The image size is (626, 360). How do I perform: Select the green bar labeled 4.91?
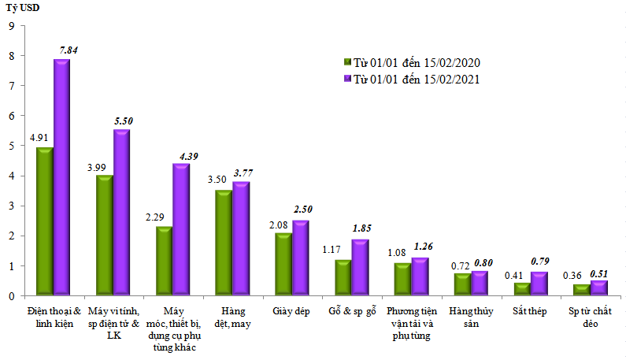pos(44,220)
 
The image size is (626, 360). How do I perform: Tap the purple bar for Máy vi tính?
pos(121,211)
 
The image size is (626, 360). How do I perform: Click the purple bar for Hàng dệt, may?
pos(241,238)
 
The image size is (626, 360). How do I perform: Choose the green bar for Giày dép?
pos(283,263)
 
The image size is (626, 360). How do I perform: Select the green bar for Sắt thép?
pos(521,288)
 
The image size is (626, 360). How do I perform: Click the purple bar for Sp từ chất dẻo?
pos(598,288)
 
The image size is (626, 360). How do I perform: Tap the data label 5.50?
pos(124,121)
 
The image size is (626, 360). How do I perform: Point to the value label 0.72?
pos(461,265)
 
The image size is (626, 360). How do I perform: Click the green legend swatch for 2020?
pos(346,63)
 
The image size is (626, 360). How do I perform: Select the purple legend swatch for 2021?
pos(346,79)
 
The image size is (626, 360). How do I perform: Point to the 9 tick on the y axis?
pos(11,26)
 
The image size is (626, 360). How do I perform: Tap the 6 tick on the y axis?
pos(11,116)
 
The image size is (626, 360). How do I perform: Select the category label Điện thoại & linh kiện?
pos(54,317)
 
